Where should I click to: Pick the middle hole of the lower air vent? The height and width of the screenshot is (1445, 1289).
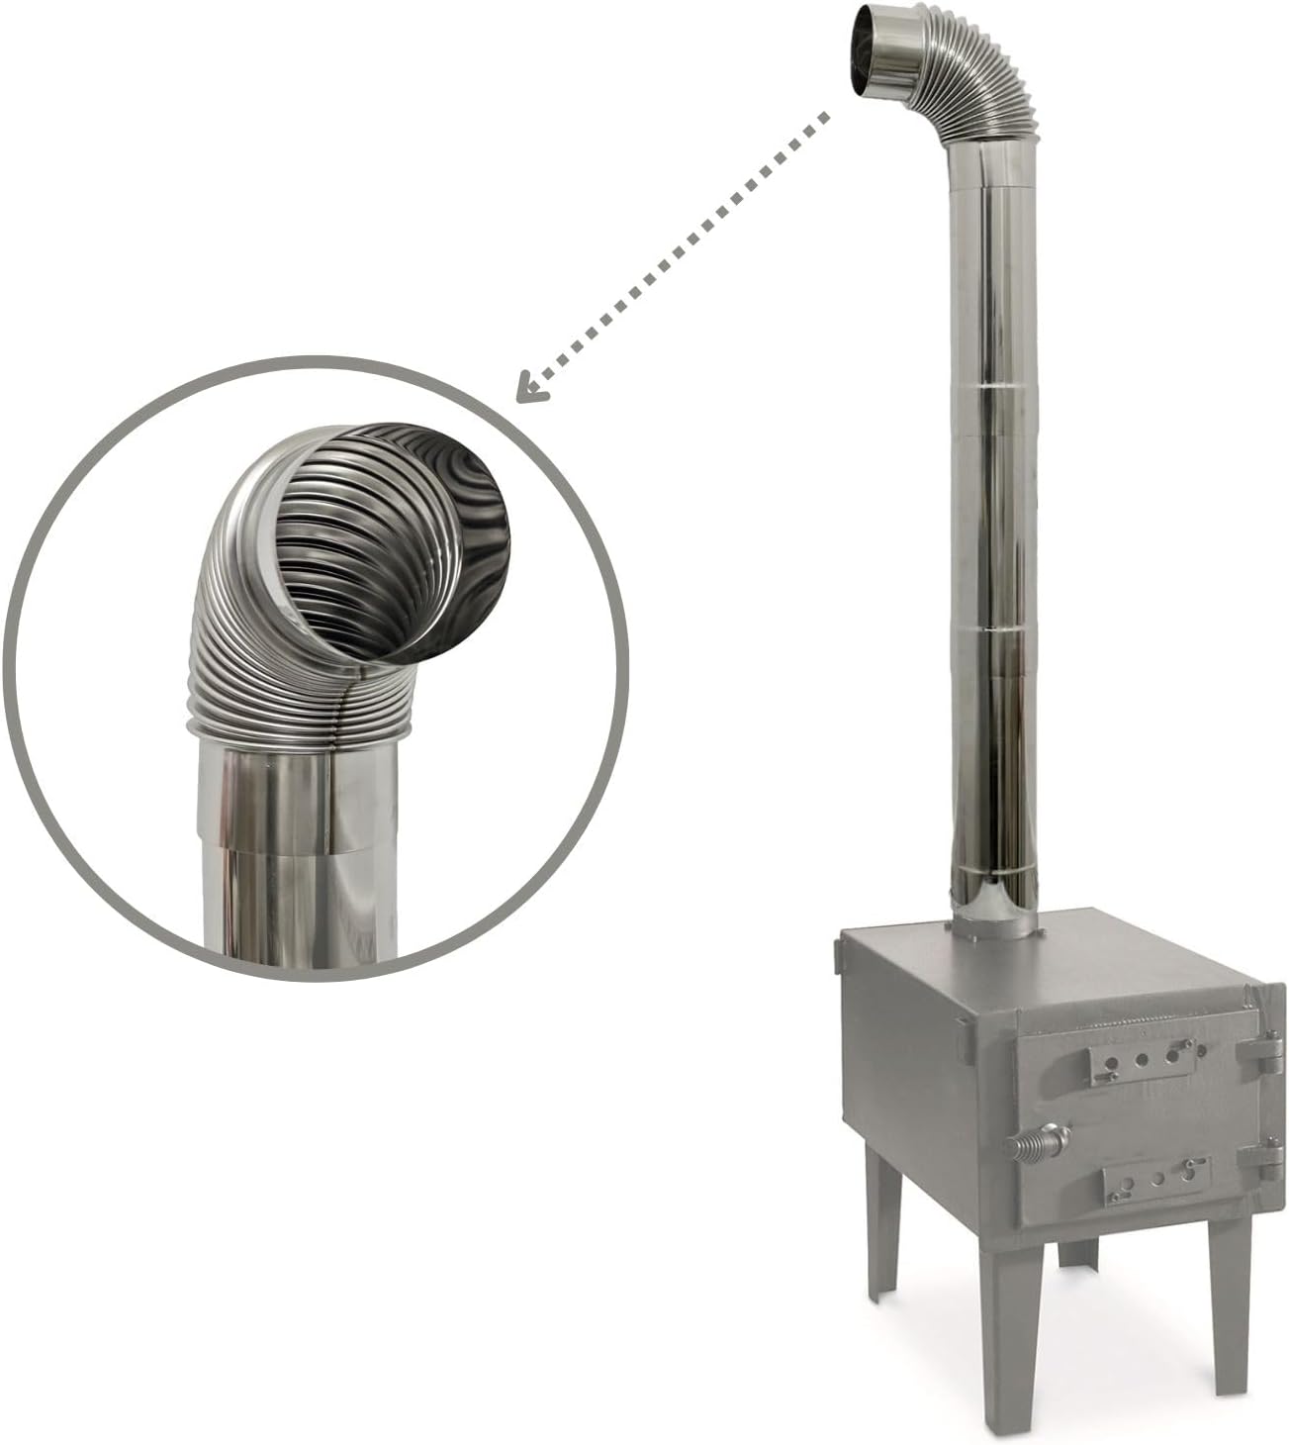click(1158, 1179)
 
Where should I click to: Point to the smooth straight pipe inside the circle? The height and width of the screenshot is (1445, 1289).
click(297, 851)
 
